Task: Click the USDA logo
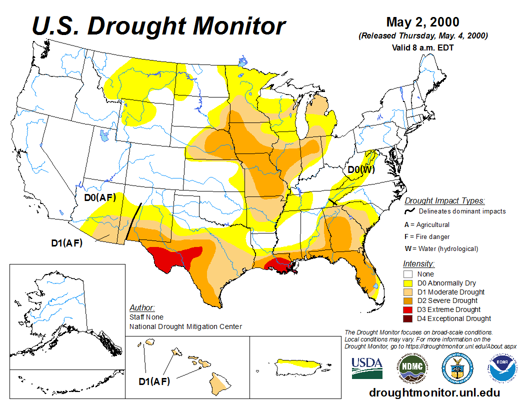coord(367,367)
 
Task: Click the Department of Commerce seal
coord(456,368)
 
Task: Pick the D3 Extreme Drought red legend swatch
coord(408,309)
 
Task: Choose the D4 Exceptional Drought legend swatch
coord(408,318)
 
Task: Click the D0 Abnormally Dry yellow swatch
coord(408,283)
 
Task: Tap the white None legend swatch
coord(408,274)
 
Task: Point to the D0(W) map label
coord(361,170)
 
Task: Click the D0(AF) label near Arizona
coord(100,197)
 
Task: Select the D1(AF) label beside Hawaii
coord(154,381)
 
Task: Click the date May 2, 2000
coord(422,22)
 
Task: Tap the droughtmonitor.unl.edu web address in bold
coord(434,392)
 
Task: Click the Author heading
coord(142,307)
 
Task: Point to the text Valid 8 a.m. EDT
coord(422,48)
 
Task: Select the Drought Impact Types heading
coord(444,201)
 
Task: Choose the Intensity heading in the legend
coord(418,263)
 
